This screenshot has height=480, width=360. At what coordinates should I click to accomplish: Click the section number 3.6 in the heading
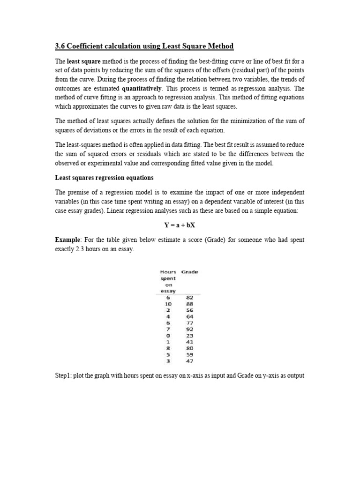pos(60,46)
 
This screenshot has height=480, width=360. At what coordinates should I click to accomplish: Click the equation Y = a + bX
pos(180,225)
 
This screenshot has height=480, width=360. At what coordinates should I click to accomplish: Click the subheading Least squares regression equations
pos(104,178)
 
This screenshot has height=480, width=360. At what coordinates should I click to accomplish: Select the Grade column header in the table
pos(189,272)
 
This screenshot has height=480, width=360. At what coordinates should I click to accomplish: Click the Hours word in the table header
pos(168,272)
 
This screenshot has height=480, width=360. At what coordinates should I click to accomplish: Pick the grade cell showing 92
pos(189,329)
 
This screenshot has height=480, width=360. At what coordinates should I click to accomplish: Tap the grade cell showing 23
pos(189,336)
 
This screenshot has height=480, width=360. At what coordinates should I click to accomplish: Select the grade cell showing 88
pos(189,304)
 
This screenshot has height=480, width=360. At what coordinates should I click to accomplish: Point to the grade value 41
pos(189,342)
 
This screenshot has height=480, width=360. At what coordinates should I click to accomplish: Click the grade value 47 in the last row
pos(189,361)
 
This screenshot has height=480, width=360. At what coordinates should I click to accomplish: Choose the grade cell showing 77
pos(189,323)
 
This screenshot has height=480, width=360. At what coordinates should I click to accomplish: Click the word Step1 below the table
pos(64,375)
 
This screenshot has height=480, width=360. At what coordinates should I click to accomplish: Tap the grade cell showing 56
pos(189,310)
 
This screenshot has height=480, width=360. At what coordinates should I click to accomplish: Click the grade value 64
pos(189,316)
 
